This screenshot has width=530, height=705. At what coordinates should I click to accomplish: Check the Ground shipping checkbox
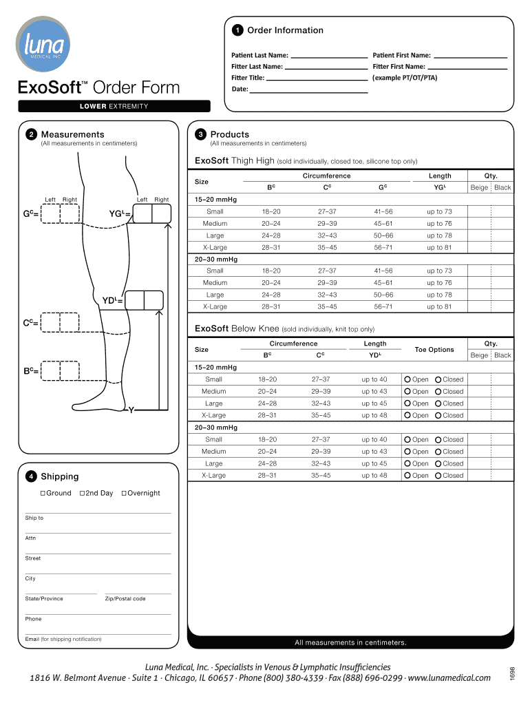[x=42, y=493]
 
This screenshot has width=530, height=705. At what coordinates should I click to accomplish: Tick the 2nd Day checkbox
[x=82, y=493]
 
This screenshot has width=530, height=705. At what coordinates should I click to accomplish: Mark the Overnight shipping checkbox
[x=124, y=493]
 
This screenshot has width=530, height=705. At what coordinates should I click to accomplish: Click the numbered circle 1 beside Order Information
[x=237, y=30]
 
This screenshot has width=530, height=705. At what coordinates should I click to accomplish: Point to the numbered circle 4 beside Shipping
[x=32, y=476]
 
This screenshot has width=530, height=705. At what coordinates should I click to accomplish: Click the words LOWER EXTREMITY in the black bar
[x=114, y=106]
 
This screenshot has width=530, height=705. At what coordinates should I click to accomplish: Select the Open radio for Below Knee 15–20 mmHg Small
[x=407, y=379]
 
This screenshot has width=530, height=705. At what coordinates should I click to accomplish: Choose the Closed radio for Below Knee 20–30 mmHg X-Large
[x=438, y=476]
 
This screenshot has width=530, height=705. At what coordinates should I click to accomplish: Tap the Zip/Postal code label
[x=125, y=599]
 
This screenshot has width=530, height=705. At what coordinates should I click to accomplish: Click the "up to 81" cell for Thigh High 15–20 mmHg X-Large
[x=439, y=247]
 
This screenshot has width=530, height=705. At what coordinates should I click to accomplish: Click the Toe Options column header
[x=434, y=350]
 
